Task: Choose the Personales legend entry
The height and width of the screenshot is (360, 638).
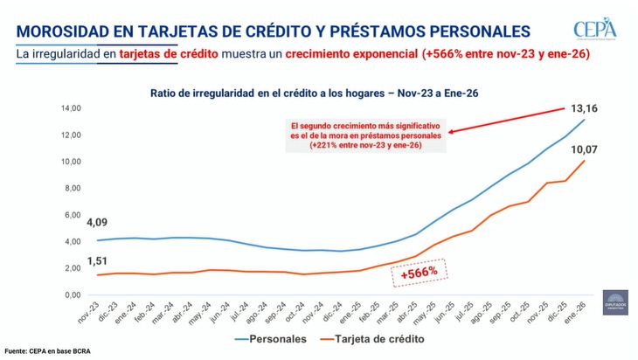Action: pyautogui.click(x=270, y=336)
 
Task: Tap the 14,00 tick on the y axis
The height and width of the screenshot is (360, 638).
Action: pyautogui.click(x=69, y=108)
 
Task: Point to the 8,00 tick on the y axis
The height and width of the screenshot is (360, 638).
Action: pyautogui.click(x=71, y=188)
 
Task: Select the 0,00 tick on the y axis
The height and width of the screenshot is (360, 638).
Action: pyautogui.click(x=71, y=294)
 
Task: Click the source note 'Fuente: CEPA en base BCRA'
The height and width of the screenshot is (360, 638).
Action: pyautogui.click(x=48, y=351)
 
